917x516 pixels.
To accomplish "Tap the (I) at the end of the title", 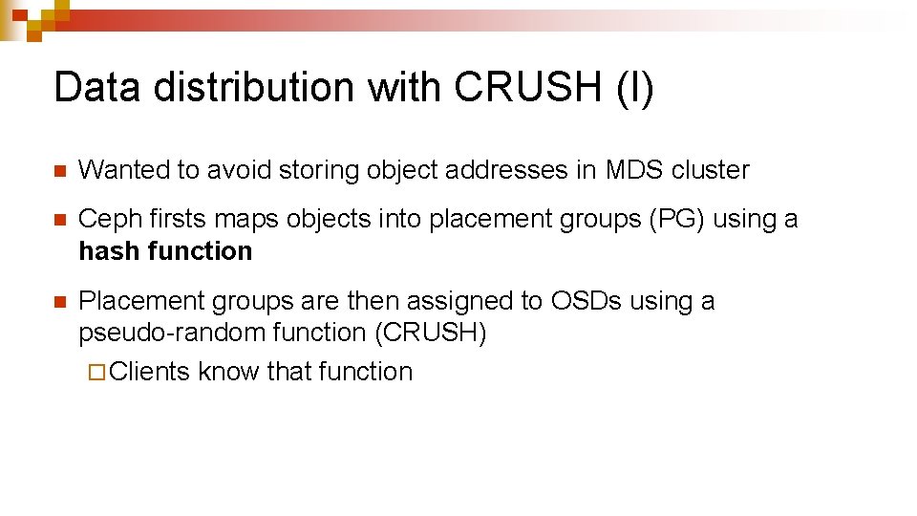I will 635,87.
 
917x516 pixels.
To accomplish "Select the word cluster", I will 711,170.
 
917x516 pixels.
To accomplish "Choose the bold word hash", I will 104,251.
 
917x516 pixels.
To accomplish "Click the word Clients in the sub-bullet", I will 150,372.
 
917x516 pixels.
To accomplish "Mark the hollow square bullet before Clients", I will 94,373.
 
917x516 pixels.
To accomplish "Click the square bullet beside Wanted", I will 59,172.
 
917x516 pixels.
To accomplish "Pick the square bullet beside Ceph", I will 59,221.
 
